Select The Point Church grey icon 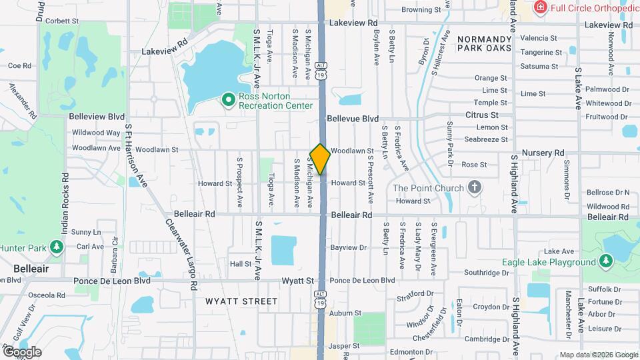474,187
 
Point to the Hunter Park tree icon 57,248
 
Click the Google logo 22,351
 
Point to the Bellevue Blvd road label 353,118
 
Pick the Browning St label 421,10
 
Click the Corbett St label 62,21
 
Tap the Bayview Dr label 348,247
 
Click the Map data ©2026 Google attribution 599,355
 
